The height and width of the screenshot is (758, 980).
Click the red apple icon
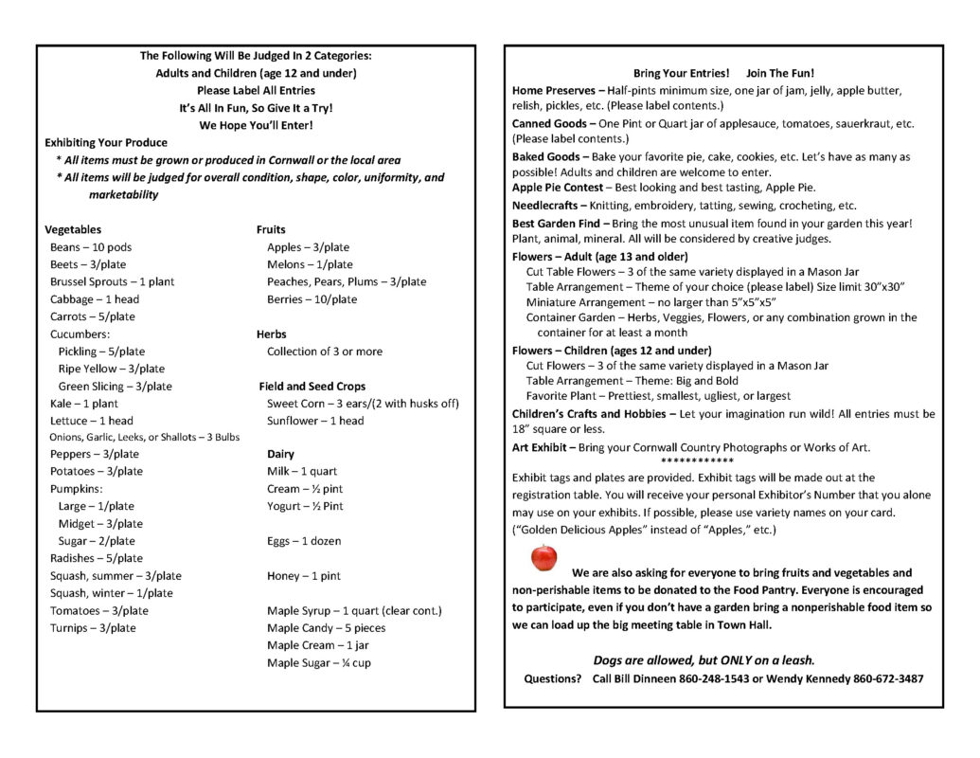543,558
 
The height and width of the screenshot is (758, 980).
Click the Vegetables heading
73,229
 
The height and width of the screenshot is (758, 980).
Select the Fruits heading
271,229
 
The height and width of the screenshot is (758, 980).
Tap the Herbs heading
271,334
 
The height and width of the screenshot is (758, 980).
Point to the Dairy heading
280,454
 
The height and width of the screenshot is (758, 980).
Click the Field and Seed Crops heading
312,387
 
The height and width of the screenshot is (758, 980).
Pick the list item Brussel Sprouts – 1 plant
112,281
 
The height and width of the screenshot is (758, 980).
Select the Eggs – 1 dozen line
304,541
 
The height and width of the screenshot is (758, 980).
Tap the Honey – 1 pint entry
303,576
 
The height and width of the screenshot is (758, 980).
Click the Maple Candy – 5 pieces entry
326,628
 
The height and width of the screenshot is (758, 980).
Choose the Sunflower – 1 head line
314,421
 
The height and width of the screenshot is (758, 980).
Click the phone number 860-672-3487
888,679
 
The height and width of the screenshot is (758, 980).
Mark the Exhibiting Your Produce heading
106,143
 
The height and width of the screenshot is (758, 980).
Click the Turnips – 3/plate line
93,628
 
